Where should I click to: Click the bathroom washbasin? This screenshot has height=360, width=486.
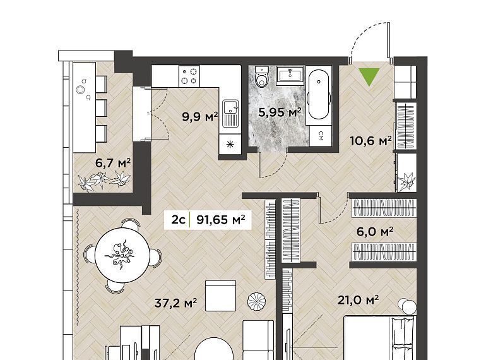[x=290, y=75]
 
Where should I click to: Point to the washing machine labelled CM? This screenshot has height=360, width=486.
[x=321, y=136]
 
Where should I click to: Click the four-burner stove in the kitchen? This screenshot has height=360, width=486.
[x=189, y=76]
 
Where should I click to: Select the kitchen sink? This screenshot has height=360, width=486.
[x=231, y=114]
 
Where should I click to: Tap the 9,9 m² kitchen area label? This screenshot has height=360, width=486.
[x=200, y=117]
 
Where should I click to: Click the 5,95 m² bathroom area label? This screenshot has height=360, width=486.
[x=280, y=112]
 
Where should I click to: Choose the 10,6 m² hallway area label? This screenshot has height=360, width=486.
[x=370, y=141]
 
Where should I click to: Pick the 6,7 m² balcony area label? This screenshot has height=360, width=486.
[x=112, y=163]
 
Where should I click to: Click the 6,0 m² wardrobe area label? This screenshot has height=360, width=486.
[x=375, y=232]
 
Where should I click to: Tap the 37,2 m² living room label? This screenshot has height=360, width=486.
[x=175, y=303]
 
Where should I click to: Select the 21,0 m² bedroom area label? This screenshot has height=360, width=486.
[x=358, y=300]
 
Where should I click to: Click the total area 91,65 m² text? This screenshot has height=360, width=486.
[x=221, y=220]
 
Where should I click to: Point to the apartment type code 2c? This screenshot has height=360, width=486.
[x=178, y=220]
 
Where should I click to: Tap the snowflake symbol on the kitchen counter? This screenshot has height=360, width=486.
[x=230, y=144]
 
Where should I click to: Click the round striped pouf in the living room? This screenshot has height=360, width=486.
[x=257, y=301]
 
